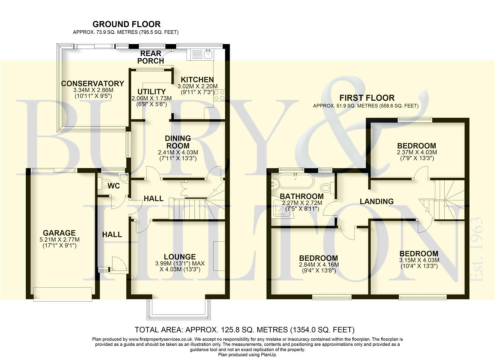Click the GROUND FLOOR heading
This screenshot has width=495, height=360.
[126, 24]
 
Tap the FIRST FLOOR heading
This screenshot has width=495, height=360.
[367, 98]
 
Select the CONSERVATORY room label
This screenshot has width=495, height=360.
[92, 84]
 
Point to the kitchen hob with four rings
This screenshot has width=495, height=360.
[220, 95]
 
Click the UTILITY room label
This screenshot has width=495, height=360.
[151, 92]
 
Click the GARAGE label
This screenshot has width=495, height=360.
[59, 233]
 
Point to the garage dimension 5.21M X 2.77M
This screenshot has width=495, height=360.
[59, 240]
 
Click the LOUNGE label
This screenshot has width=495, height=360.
[180, 257]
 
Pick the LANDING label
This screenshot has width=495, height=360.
[376, 201]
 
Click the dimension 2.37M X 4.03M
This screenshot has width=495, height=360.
[417, 152]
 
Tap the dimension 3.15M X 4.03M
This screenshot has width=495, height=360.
[419, 260]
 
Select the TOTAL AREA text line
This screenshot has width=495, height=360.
[244, 330]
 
